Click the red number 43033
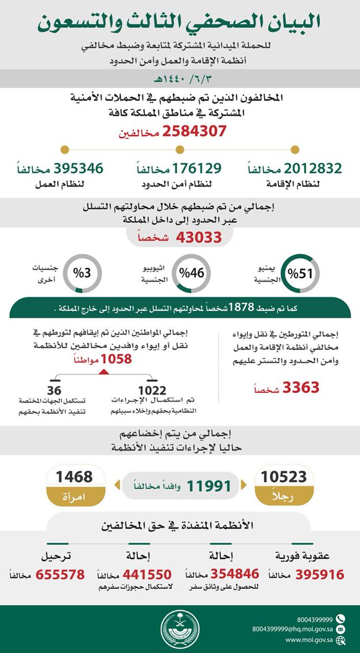pos(198,237)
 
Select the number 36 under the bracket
pos(54,390)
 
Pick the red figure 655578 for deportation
pos(60,575)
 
